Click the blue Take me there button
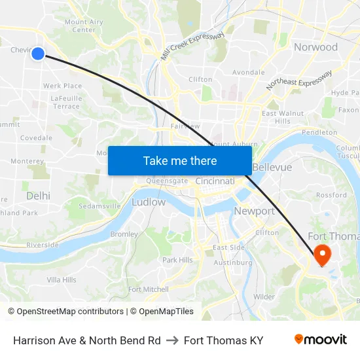tap(180, 160)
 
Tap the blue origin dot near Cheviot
tap(38, 54)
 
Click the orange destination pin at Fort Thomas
tap(323, 254)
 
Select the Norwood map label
tap(315, 47)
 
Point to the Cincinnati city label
tap(215, 181)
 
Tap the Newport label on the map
tap(254, 211)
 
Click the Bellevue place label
tap(272, 168)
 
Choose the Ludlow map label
tap(149, 202)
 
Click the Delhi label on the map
tap(38, 196)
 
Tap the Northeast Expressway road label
tap(298, 80)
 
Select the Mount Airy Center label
tap(84, 26)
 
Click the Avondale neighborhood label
tap(249, 72)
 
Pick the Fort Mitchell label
tap(148, 289)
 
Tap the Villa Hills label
tap(62, 279)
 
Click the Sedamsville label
tap(99, 206)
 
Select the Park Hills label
tap(177, 260)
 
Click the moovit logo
tap(320, 340)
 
